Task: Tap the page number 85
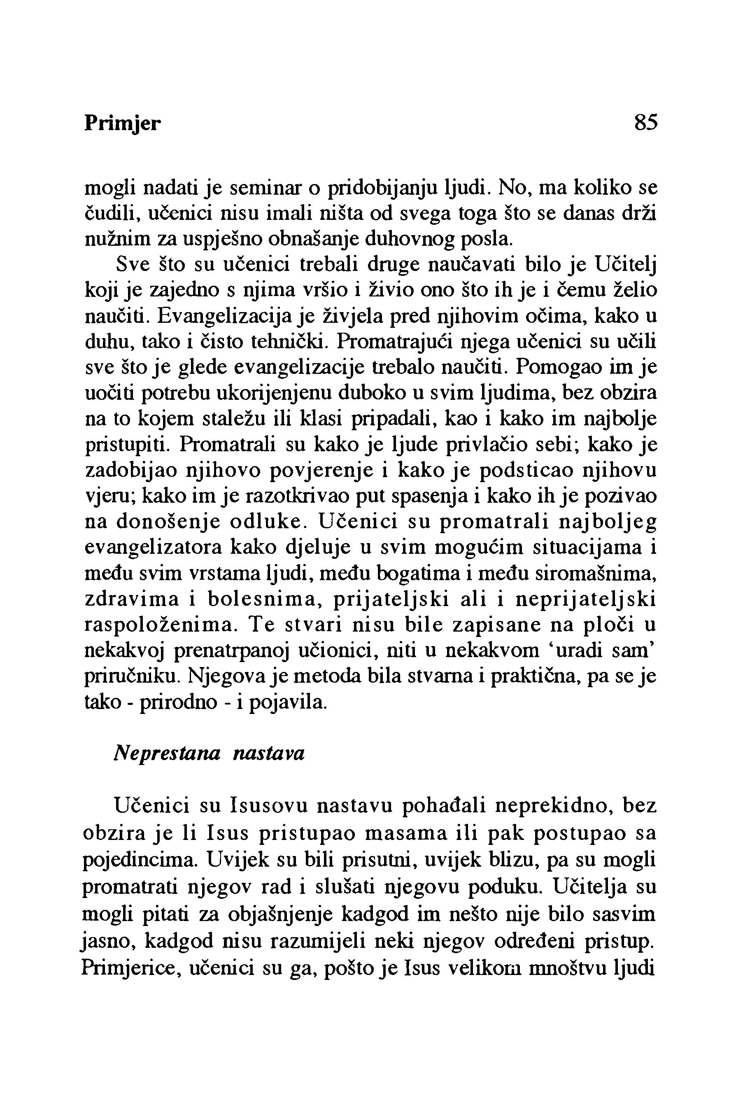(646, 123)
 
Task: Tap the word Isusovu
(270, 806)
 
